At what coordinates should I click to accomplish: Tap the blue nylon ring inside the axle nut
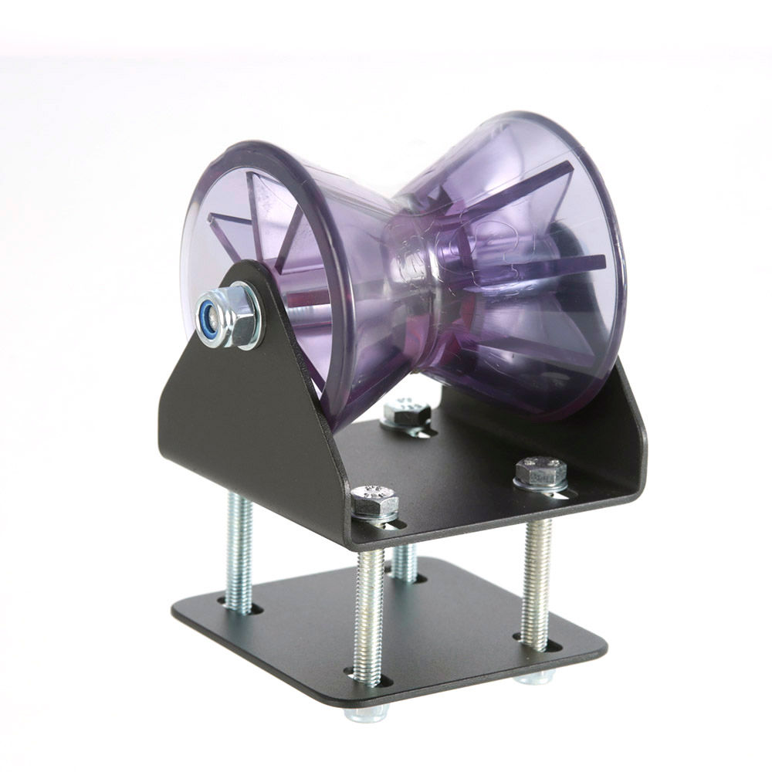coord(206,317)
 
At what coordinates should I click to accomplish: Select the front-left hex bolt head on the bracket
coord(374,501)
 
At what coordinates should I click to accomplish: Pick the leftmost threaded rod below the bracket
coord(239,551)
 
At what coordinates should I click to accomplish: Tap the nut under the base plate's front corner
coord(367,712)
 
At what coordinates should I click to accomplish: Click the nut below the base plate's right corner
coord(534,677)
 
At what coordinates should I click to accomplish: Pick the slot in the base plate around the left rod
coord(239,608)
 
